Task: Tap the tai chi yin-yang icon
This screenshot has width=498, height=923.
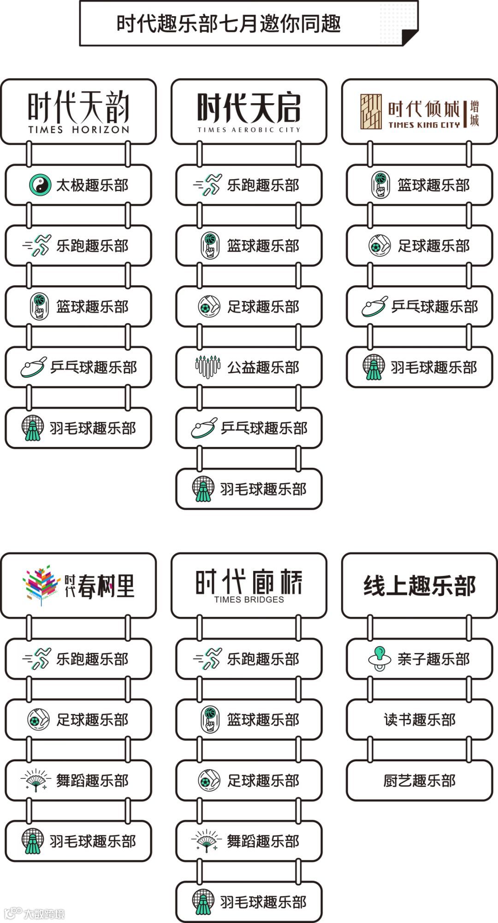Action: point(40,185)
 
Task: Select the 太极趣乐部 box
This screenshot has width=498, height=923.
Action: point(78,185)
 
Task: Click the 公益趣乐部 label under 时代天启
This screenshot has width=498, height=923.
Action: point(263,368)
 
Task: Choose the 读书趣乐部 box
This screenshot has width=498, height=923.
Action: point(419,720)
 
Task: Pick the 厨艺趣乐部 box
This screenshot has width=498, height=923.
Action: point(419,781)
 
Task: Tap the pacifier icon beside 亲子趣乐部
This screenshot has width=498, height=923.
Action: point(379,659)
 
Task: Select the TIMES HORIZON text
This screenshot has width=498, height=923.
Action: point(78,130)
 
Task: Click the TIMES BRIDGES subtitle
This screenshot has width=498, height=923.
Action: point(249,600)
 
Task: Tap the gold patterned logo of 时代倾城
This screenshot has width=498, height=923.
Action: point(371,111)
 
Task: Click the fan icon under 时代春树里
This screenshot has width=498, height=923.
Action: point(36,780)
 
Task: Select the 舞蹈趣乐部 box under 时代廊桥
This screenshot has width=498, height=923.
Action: point(249,841)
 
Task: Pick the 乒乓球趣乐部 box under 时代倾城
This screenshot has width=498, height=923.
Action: point(419,307)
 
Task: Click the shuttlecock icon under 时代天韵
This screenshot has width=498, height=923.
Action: point(33,428)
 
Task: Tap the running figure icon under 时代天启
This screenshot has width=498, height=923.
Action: point(208,185)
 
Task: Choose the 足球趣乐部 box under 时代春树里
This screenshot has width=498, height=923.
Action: point(78,720)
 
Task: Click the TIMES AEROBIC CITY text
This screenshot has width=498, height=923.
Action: point(249,130)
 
